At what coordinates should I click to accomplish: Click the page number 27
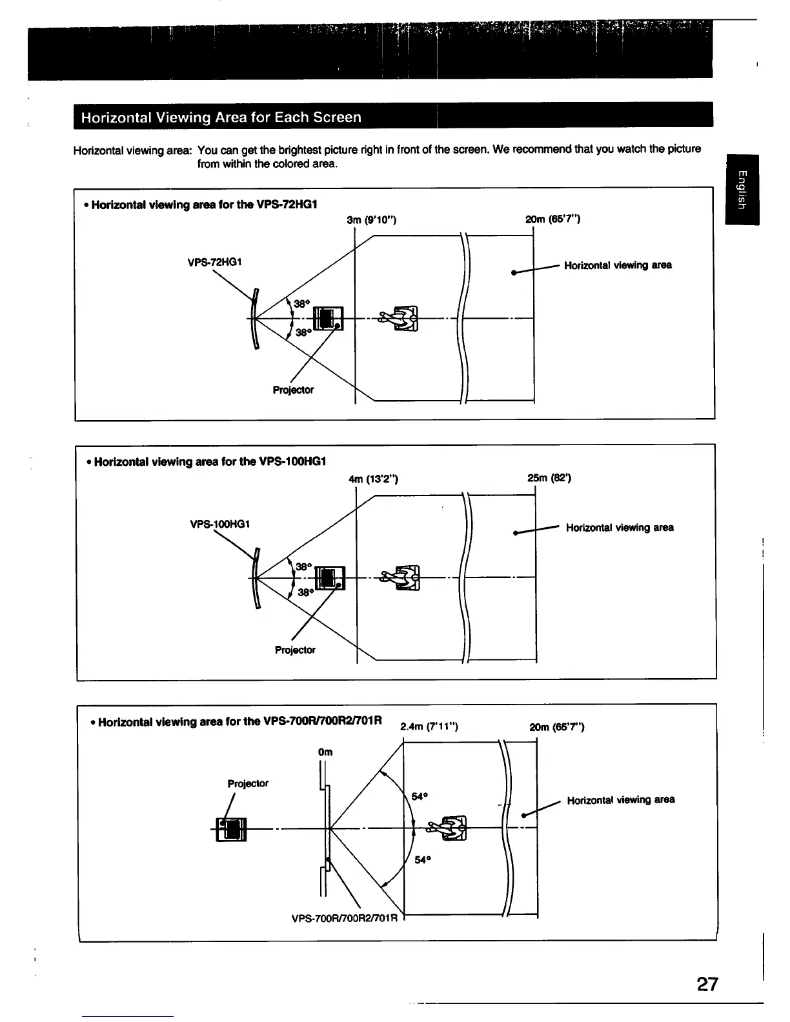click(707, 984)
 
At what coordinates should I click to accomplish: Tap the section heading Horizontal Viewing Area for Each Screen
click(221, 117)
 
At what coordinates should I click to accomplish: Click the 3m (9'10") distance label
click(371, 220)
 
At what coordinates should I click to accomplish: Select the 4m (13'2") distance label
click(373, 479)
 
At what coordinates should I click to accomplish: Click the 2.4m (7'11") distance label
click(429, 727)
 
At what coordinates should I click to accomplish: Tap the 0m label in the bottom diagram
click(325, 752)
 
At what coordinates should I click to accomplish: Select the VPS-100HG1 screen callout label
click(220, 524)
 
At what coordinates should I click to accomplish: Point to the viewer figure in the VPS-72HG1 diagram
click(400, 318)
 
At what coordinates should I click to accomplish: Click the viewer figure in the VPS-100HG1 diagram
click(401, 577)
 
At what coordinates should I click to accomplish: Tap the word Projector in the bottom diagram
click(248, 783)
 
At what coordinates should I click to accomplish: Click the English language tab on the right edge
click(742, 190)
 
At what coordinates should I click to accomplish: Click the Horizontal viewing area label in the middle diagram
click(620, 528)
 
